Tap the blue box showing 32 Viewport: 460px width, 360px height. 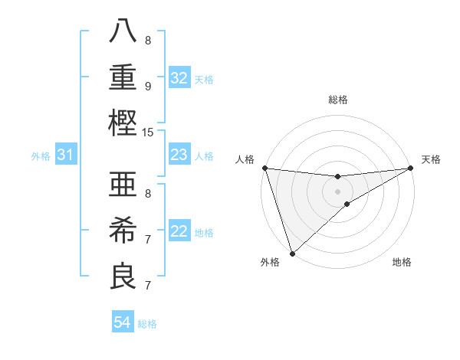179,77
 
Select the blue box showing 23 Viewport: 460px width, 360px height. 179,155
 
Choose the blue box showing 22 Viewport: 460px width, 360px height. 179,231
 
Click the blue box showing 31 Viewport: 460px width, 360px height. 65,155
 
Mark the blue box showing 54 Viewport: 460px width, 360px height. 122,322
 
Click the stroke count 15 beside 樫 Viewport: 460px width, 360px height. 148,133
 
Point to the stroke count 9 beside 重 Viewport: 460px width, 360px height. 148,86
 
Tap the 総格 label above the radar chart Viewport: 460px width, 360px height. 337,100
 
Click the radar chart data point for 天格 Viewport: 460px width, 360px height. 411,169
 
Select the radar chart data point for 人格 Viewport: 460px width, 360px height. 264,168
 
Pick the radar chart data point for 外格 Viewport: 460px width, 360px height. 292,253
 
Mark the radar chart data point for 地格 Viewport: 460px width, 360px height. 347,204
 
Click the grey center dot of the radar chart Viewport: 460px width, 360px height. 337,191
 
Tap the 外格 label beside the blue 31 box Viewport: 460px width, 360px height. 41,156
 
